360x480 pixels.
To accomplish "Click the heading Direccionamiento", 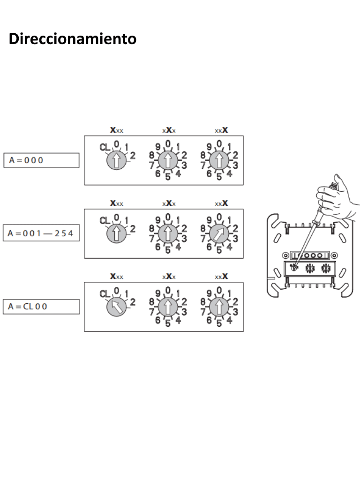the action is point(73,39).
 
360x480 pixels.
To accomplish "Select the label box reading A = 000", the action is point(41,160).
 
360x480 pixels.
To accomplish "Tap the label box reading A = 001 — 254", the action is point(41,233).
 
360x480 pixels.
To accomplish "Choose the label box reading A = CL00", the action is point(41,307).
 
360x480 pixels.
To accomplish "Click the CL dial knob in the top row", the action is point(116,160).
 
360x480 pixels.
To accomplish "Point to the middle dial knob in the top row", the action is point(168,160).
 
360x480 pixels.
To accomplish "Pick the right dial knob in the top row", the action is point(219,160).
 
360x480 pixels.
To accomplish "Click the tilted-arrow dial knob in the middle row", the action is point(219,233).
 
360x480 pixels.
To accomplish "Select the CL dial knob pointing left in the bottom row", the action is point(116,307).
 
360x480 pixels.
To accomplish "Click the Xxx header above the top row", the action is point(117,130).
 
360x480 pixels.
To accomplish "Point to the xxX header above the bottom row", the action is point(221,277).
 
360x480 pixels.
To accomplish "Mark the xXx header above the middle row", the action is point(169,203).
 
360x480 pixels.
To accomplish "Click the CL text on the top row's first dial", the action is point(105,148).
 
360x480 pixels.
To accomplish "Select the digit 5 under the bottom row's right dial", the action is point(219,323).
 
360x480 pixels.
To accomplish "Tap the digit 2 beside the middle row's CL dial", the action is point(133,229).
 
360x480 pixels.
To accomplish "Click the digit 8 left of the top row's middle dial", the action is point(151,155).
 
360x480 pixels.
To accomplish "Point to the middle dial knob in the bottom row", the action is point(168,307).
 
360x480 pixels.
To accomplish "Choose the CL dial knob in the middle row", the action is point(116,233).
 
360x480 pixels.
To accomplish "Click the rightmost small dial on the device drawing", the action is point(325,269).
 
